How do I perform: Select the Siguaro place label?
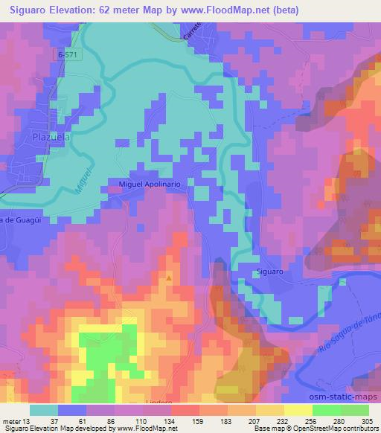click(271, 272)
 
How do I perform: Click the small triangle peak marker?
click(169, 278)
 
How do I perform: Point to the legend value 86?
click(110, 420)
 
